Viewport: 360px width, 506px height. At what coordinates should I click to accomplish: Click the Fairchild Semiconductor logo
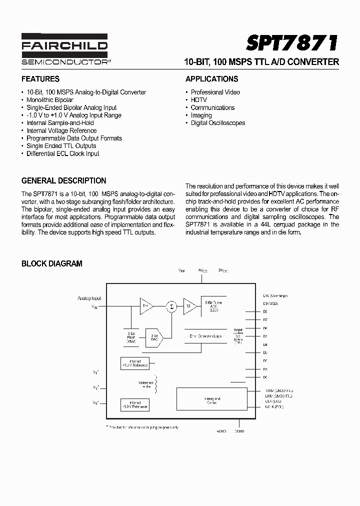click(64, 49)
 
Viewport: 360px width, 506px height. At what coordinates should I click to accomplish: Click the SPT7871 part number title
click(292, 44)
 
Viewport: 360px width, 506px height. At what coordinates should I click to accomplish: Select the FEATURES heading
click(40, 79)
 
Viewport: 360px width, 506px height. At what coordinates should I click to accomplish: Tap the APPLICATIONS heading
click(211, 79)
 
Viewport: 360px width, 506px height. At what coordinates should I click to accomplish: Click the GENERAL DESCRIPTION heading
click(63, 181)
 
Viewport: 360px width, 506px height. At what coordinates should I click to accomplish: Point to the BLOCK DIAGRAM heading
click(51, 263)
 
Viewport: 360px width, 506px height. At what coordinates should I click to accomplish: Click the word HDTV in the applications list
click(198, 100)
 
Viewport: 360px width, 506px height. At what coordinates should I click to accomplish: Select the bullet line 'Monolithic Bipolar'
click(49, 100)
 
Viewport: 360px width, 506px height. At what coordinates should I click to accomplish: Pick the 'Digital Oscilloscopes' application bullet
click(217, 123)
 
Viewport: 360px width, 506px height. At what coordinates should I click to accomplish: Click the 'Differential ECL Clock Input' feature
click(62, 153)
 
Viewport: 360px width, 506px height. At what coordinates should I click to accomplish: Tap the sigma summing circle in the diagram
click(171, 306)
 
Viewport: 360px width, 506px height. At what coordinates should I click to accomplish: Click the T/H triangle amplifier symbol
click(146, 306)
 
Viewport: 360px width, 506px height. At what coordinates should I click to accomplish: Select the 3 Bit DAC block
click(154, 337)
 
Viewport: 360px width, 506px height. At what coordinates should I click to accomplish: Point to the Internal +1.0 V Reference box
click(134, 363)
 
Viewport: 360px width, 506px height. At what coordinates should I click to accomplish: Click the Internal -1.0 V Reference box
click(134, 404)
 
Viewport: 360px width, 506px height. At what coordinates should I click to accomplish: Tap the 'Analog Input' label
click(89, 298)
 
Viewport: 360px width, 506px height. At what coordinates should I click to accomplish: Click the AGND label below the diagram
click(221, 431)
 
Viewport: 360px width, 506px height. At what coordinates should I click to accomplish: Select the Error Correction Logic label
click(205, 336)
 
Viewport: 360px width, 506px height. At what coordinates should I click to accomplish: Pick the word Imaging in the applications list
click(201, 115)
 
